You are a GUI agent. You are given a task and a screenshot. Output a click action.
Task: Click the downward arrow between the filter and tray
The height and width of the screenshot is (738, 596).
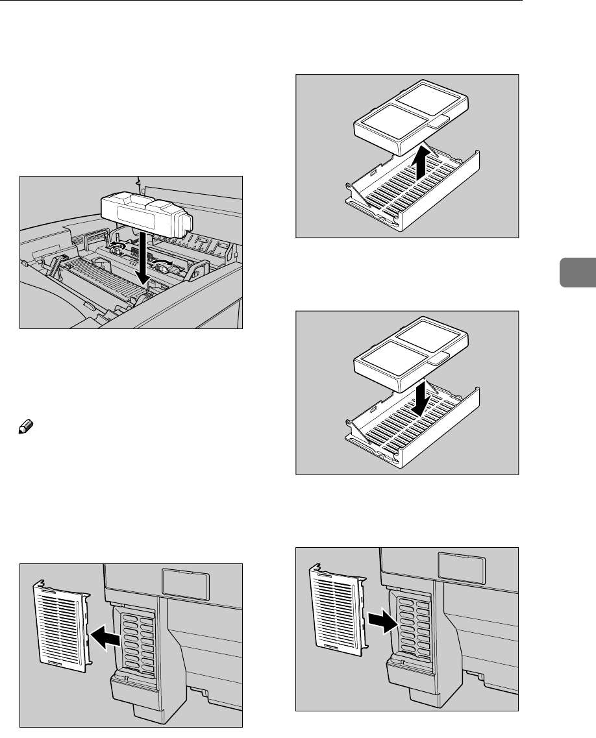[421, 397]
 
